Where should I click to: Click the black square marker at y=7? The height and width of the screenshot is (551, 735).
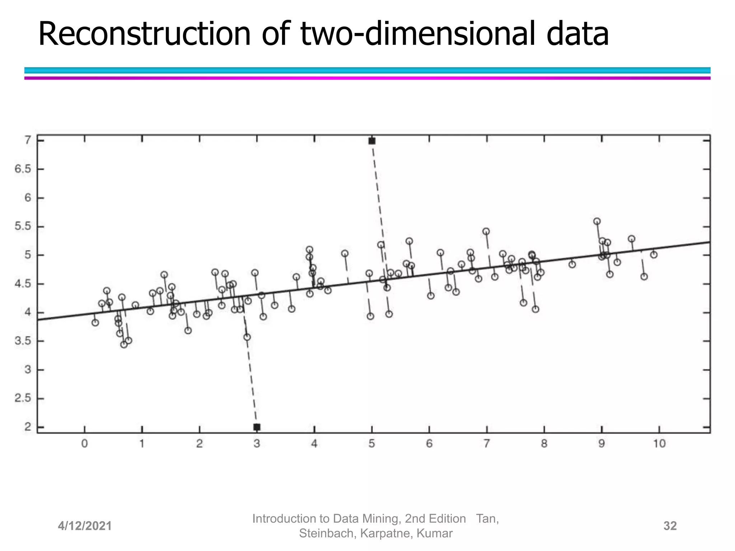pyautogui.click(x=372, y=141)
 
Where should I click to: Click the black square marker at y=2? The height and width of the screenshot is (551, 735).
pyautogui.click(x=257, y=427)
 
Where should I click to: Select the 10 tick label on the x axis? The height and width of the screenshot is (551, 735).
pyautogui.click(x=659, y=444)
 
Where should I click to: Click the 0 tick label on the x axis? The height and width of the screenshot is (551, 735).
pyautogui.click(x=84, y=444)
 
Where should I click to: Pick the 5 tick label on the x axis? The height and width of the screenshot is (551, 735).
pyautogui.click(x=371, y=444)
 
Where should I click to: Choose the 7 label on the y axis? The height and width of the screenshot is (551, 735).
pyautogui.click(x=28, y=140)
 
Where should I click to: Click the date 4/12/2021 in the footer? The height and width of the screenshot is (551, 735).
pyautogui.click(x=85, y=526)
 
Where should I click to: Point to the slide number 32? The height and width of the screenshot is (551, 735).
pyautogui.click(x=670, y=526)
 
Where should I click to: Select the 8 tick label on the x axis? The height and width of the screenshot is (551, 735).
pyautogui.click(x=544, y=444)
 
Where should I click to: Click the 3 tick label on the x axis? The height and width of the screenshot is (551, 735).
pyautogui.click(x=257, y=444)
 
